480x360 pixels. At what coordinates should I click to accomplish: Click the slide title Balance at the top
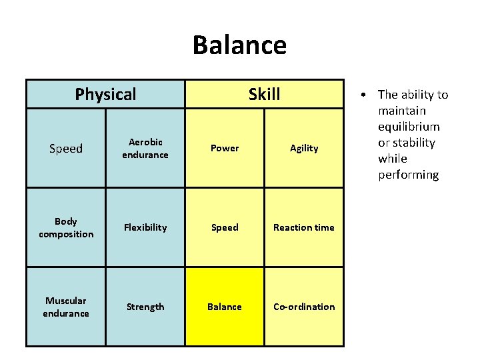239,45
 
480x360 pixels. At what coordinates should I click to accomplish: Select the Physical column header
105,94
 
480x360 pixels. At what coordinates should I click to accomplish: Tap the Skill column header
264,94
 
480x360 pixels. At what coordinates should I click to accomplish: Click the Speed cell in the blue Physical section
66,148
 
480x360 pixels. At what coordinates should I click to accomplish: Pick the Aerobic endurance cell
145,148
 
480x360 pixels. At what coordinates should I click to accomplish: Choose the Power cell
225,148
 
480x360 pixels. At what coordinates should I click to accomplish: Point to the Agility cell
304,148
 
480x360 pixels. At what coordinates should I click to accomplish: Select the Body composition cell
66,227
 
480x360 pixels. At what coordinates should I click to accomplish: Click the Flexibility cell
145,227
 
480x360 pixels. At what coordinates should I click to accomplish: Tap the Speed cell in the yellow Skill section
225,227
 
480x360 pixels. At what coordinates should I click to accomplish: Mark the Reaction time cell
304,227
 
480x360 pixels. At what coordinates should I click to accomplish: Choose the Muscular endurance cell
66,307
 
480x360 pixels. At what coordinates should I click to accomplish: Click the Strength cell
145,307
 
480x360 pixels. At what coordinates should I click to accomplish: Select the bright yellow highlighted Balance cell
225,307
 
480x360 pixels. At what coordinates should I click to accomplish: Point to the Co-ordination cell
304,307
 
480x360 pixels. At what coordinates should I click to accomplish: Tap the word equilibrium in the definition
409,127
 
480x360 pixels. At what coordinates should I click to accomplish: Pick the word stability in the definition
415,143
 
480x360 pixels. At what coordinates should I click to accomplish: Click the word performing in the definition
408,175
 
